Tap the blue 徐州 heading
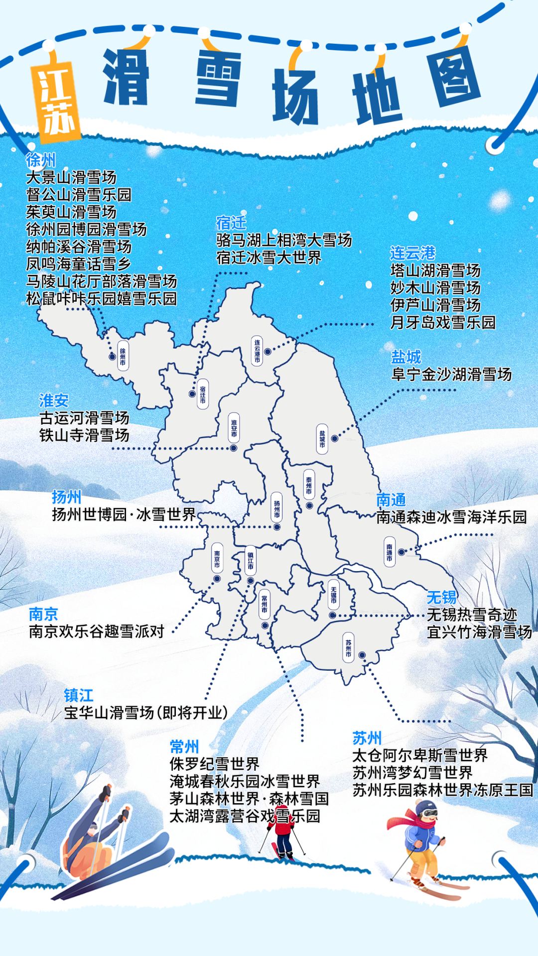pos(41,160)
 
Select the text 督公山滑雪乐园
pos(79,194)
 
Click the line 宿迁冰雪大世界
pos(269,257)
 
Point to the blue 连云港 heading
pos(412,253)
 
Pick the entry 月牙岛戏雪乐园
pos(442,322)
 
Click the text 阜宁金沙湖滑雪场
pos(451,374)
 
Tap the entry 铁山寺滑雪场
pos(84,435)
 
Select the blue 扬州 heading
pos(66,496)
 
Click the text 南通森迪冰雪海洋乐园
pos(451,517)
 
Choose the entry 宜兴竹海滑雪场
pos(479,632)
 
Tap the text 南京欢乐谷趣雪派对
pos(97,631)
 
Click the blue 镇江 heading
pos(79,695)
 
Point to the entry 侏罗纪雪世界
pos(214,764)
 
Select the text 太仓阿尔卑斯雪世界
pos(419,755)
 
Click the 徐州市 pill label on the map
pos(123,356)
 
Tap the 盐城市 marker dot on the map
pos(335,439)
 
